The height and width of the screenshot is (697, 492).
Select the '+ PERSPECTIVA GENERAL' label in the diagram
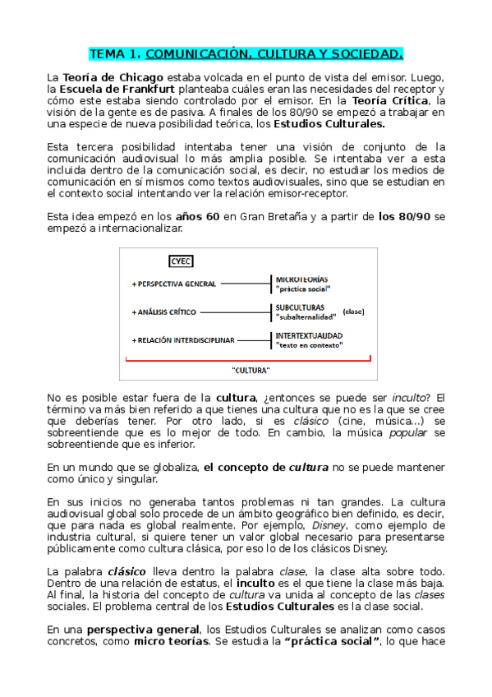point(174,284)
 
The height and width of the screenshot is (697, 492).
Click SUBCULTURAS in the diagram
point(299,307)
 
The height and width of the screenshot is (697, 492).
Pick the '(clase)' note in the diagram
point(354,312)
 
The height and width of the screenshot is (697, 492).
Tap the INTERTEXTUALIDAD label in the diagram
point(309,335)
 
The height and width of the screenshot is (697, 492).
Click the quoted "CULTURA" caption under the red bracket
point(251,370)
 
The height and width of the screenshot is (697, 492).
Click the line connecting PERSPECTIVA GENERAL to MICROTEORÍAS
point(245,284)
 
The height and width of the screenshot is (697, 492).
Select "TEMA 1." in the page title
point(114,55)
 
